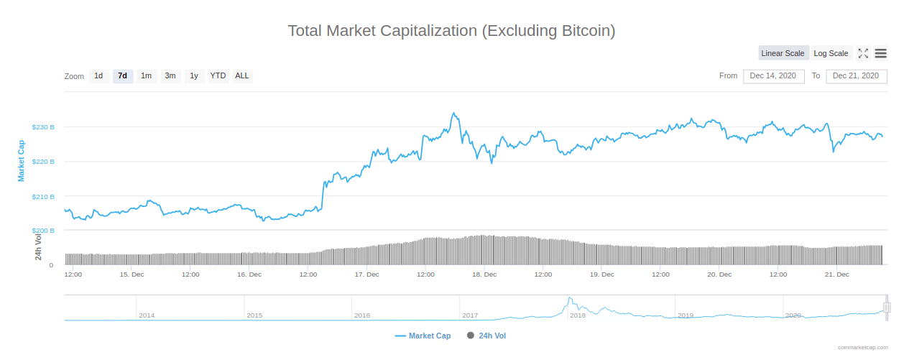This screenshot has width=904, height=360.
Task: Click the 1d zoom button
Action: pyautogui.click(x=98, y=76)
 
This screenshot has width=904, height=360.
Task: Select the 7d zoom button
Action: pyautogui.click(x=123, y=76)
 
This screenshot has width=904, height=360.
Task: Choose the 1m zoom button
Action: pyautogui.click(x=147, y=76)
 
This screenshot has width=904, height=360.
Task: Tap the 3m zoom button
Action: pyautogui.click(x=170, y=76)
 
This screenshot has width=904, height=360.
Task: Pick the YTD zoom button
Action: pyautogui.click(x=218, y=76)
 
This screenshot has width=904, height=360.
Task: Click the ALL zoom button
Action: pyautogui.click(x=242, y=76)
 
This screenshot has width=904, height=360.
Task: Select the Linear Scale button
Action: pyautogui.click(x=783, y=53)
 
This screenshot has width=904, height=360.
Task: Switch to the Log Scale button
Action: pyautogui.click(x=831, y=53)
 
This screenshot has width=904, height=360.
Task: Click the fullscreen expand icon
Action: pyautogui.click(x=864, y=53)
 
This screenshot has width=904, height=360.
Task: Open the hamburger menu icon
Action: pyautogui.click(x=880, y=53)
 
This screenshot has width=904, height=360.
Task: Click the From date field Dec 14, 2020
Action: pyautogui.click(x=772, y=76)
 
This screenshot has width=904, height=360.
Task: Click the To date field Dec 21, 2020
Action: pyautogui.click(x=855, y=76)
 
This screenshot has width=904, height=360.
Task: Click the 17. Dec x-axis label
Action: pyautogui.click(x=366, y=274)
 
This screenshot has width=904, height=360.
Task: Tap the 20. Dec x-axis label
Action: pyautogui.click(x=719, y=274)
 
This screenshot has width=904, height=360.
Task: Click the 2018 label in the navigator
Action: pyautogui.click(x=578, y=315)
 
